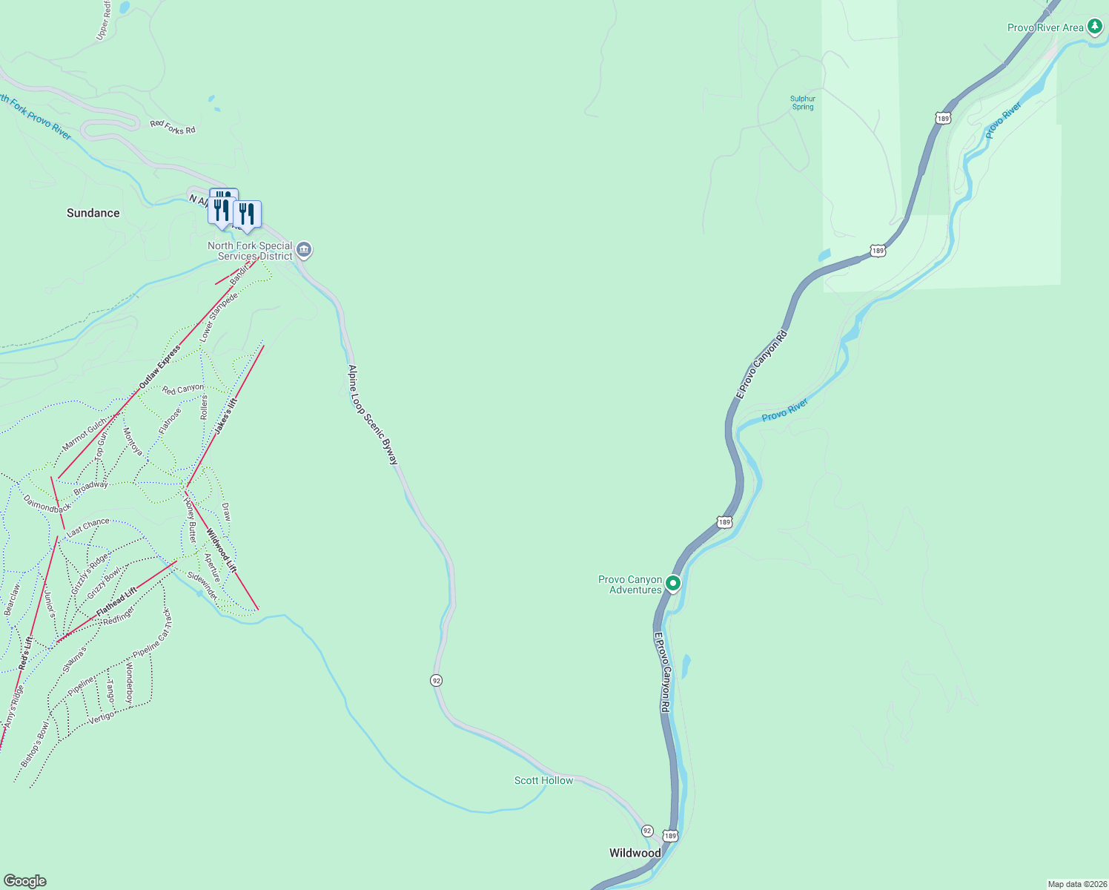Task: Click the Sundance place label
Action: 93,213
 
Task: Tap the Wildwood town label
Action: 635,853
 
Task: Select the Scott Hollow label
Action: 543,780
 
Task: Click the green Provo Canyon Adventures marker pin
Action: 673,584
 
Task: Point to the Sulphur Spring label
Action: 802,103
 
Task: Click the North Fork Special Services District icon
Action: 304,250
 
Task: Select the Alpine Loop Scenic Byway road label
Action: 373,415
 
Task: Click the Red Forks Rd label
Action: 173,128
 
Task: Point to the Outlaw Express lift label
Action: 159,367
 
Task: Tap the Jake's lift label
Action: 226,416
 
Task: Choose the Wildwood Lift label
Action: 221,550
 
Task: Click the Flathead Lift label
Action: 116,604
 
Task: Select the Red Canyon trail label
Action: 183,389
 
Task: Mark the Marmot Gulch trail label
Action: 85,435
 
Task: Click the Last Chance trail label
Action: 88,527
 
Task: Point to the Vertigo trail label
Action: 102,717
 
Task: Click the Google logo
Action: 25,881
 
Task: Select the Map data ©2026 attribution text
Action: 1076,884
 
